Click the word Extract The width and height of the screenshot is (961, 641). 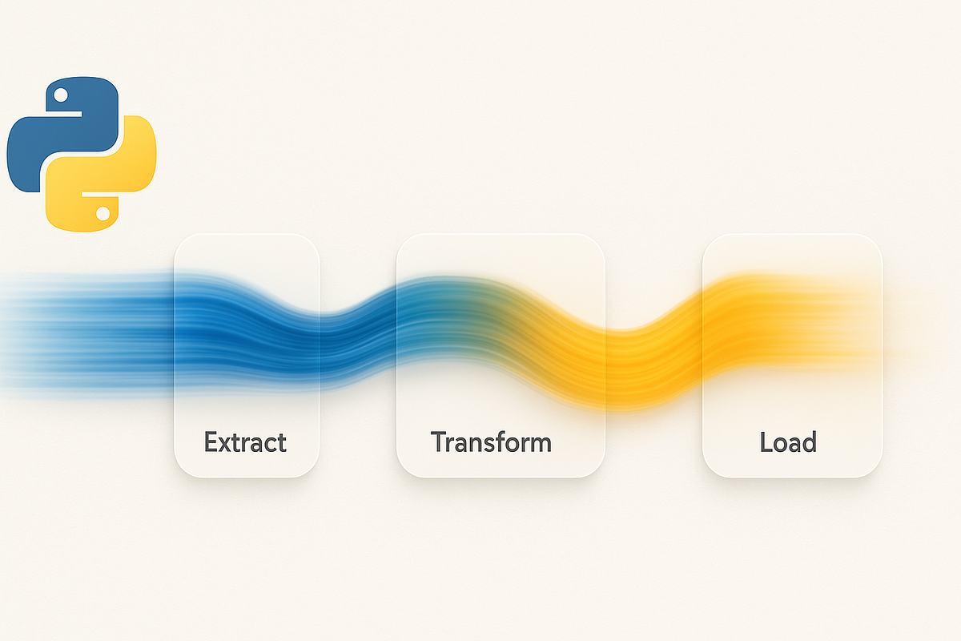(x=245, y=441)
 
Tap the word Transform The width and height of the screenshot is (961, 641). (x=491, y=441)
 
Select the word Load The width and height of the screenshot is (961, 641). (x=788, y=441)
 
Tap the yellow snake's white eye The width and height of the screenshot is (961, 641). (x=103, y=213)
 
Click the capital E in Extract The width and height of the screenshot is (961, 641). (x=211, y=441)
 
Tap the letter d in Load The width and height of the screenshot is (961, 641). (x=808, y=441)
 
